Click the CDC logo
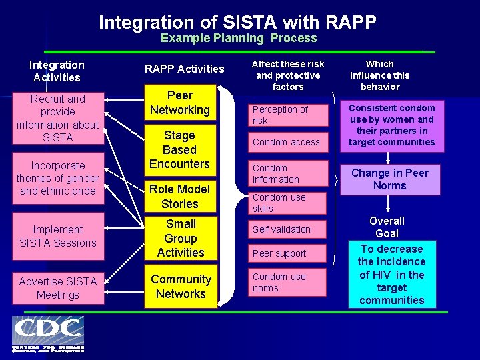click(x=47, y=334)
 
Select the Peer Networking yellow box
click(x=179, y=103)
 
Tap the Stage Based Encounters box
click(x=179, y=150)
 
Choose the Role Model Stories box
click(x=179, y=197)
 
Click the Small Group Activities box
click(x=180, y=238)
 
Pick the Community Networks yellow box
click(x=180, y=287)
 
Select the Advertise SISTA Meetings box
click(x=57, y=288)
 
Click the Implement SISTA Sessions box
click(x=57, y=236)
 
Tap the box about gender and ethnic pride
click(x=57, y=178)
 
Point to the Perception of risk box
click(x=288, y=115)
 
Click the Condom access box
click(x=288, y=142)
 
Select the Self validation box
click(x=288, y=229)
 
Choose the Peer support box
click(x=288, y=253)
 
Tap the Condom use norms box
click(x=288, y=282)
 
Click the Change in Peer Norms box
click(x=390, y=179)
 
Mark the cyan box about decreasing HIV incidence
click(x=391, y=274)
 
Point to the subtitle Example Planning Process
click(x=239, y=39)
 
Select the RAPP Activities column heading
click(x=185, y=69)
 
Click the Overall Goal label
click(x=387, y=227)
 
